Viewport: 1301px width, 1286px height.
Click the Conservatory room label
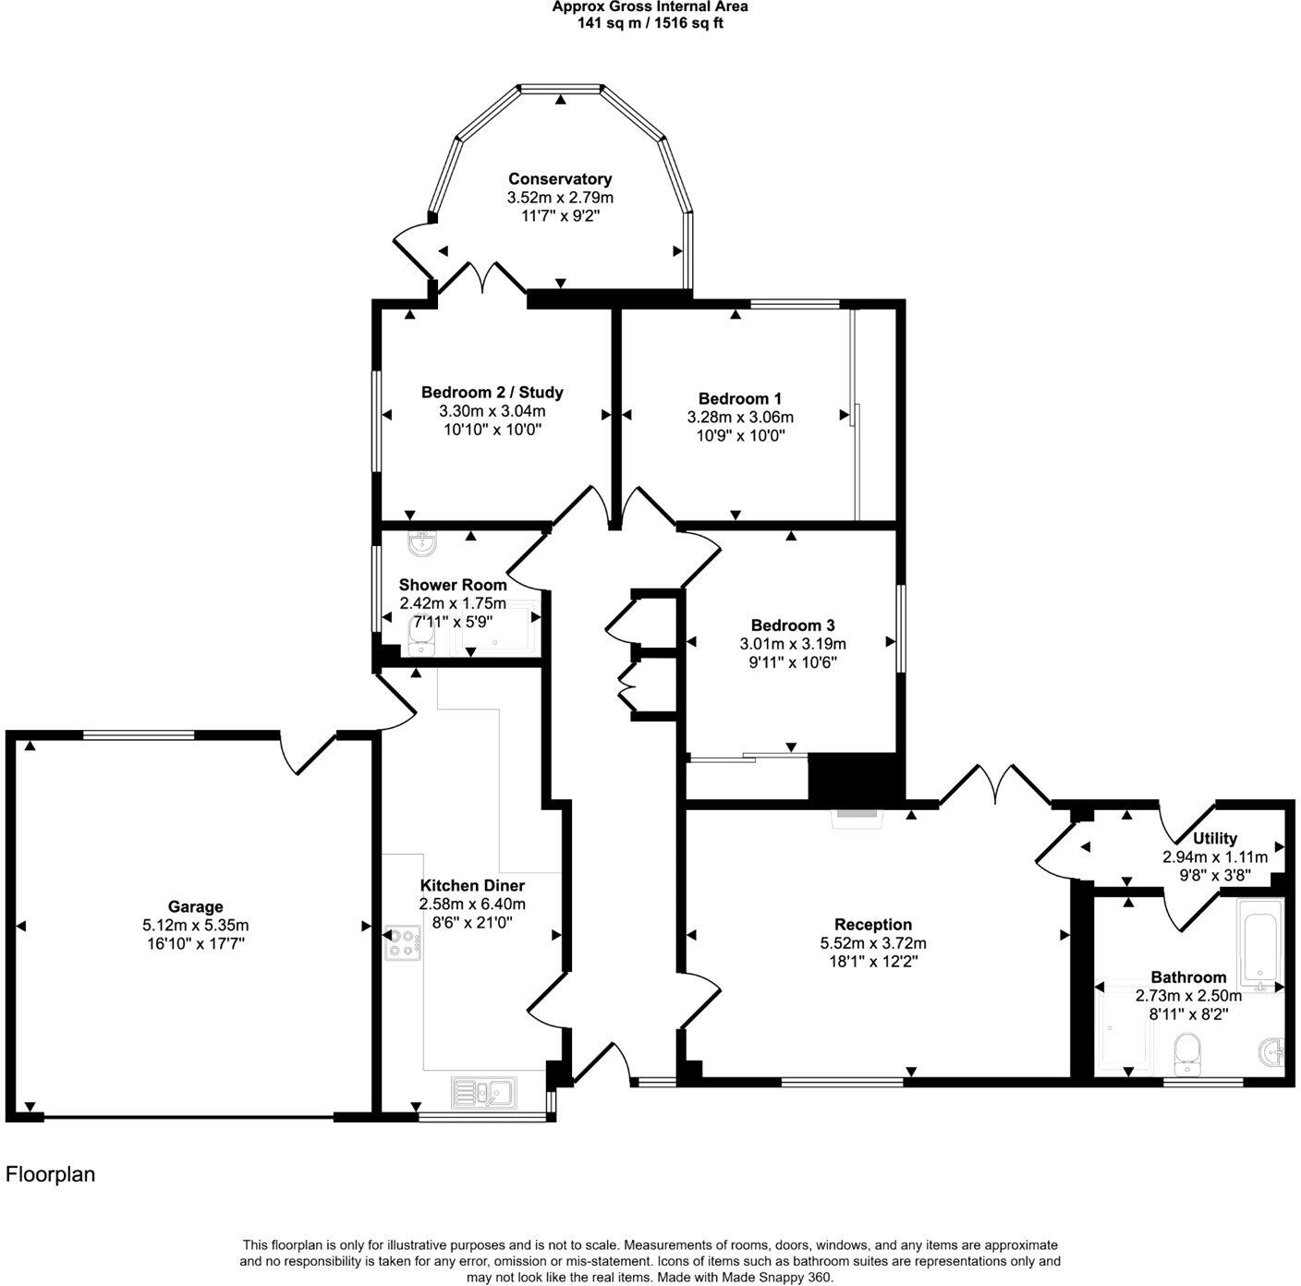point(560,179)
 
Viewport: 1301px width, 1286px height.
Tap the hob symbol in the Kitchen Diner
point(403,943)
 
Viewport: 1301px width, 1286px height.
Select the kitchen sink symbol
point(484,1093)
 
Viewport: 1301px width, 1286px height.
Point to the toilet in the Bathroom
point(1185,1053)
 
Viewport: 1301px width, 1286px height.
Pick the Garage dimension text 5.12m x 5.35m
point(195,925)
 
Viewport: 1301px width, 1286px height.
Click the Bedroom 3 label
point(793,625)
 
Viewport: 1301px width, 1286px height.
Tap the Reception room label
point(872,925)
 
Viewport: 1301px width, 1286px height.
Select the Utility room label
point(1214,839)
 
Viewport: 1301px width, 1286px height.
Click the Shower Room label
point(453,585)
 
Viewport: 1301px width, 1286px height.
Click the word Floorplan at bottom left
point(51,1175)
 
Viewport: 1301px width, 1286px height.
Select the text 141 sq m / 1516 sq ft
point(650,23)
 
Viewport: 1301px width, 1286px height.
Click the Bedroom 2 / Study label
point(492,393)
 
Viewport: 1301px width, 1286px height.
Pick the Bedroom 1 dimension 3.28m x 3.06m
point(740,418)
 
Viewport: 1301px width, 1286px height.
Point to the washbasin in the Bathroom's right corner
point(1271,1052)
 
